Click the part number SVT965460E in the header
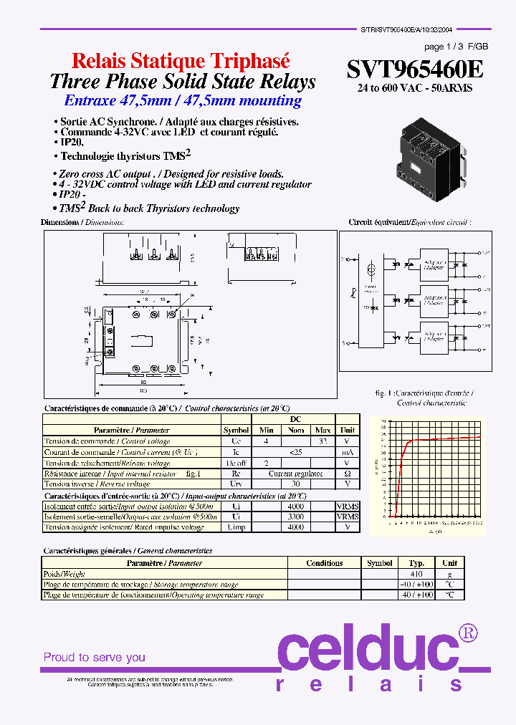[x=415, y=69]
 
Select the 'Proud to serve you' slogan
[x=94, y=657]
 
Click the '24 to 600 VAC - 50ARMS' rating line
[x=415, y=88]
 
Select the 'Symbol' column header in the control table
[x=236, y=431]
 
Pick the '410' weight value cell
[x=416, y=574]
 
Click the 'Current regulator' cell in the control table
[x=296, y=474]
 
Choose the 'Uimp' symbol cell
[x=236, y=527]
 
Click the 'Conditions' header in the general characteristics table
[x=324, y=563]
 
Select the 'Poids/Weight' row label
[x=65, y=574]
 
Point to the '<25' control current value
[x=295, y=452]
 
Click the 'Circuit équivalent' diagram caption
[x=409, y=223]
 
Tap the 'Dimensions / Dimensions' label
[x=82, y=223]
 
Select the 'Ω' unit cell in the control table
[x=348, y=474]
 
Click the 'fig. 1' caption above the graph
[x=385, y=393]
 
